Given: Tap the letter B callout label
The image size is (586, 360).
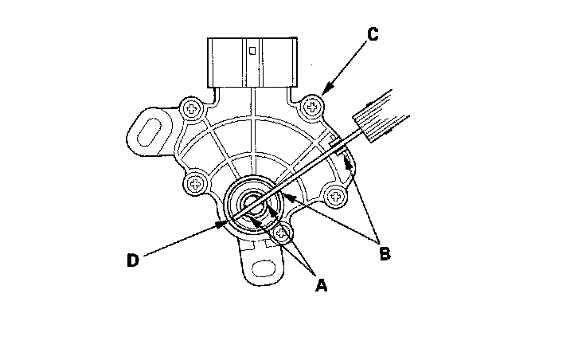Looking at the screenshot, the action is (x=385, y=255).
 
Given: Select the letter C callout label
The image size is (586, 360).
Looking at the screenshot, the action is (x=373, y=36).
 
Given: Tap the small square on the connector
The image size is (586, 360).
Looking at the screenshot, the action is (x=252, y=50).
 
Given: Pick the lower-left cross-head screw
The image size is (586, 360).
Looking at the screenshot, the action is (x=194, y=185).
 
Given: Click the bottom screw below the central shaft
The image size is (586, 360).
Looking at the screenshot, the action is (x=282, y=234).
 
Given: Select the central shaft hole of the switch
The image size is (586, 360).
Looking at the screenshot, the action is (x=252, y=204).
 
